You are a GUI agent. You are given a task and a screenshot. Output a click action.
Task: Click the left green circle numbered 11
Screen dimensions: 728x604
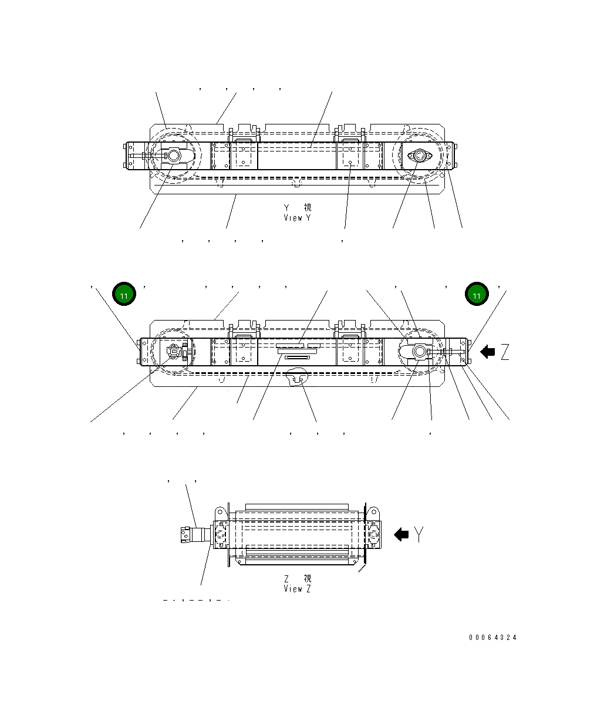pos(124,295)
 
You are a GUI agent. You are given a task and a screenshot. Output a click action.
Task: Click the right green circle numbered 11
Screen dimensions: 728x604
pos(477,295)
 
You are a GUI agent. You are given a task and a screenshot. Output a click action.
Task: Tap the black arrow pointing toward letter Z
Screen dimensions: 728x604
pos(487,352)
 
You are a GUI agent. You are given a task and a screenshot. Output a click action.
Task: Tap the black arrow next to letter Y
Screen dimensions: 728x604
pos(401,534)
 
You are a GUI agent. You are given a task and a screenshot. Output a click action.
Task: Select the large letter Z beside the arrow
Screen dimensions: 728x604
pos(504,352)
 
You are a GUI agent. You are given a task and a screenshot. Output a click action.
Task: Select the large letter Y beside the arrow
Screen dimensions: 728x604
pos(419,534)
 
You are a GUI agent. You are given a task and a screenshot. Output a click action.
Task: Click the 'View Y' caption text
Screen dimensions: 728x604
pos(298,218)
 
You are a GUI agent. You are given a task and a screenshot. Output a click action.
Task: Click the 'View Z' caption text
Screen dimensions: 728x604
pos(298,588)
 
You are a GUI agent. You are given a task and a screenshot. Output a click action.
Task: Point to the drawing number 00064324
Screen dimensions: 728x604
pos(492,638)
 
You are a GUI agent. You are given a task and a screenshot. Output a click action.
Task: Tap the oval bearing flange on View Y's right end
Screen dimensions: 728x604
pos(420,156)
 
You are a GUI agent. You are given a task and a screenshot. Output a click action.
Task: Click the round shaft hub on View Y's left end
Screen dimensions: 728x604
pos(174,156)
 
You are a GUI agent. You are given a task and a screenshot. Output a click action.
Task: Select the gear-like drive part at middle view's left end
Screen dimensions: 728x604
pos(174,352)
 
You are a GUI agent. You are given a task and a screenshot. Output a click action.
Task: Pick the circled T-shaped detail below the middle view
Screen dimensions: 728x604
pos(297,378)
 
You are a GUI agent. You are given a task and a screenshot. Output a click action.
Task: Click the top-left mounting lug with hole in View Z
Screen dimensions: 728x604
pos(220,511)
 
